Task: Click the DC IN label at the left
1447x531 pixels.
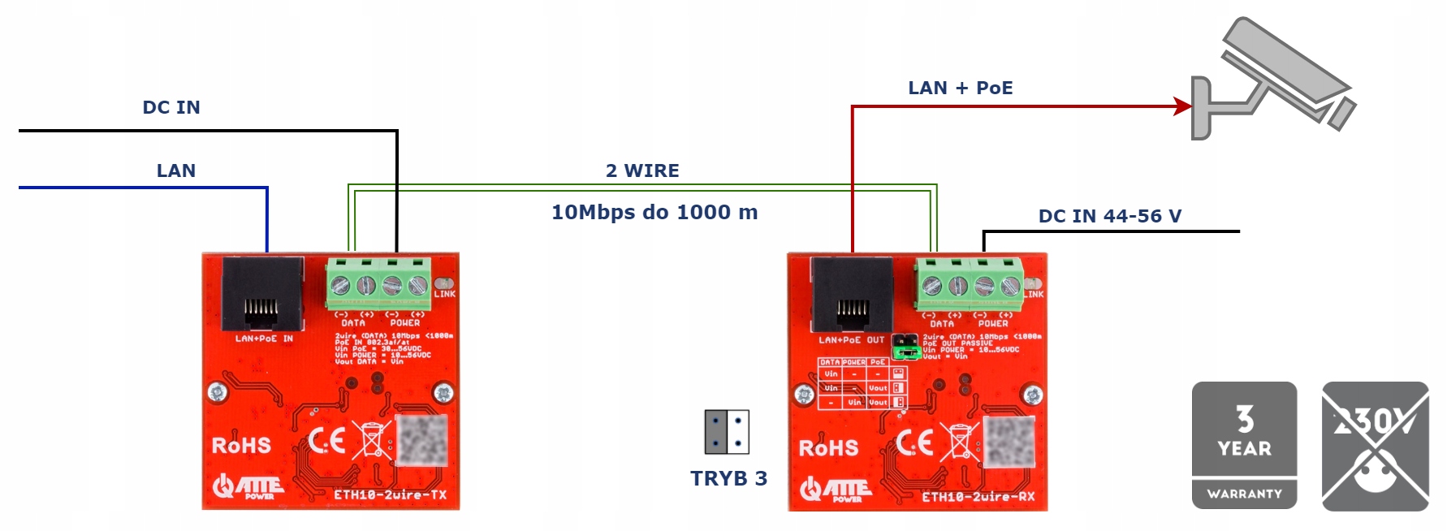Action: [171, 107]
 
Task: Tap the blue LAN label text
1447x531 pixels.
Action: [176, 171]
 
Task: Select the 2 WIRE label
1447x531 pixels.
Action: [642, 171]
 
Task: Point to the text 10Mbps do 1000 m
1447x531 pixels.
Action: [654, 213]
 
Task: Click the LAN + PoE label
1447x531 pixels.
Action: [960, 88]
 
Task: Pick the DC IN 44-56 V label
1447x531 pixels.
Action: [1109, 216]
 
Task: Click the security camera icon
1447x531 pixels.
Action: [1272, 81]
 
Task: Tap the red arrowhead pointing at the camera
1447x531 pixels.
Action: [1182, 106]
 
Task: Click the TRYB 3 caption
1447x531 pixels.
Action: [728, 478]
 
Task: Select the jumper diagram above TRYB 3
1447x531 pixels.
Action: [727, 432]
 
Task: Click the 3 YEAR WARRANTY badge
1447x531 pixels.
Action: [1244, 446]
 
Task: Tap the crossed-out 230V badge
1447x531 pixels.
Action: [1375, 446]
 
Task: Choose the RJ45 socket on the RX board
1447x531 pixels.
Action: [852, 296]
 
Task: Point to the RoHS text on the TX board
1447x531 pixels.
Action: [241, 446]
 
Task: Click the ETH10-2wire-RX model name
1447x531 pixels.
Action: [978, 496]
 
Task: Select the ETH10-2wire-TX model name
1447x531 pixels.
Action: [390, 494]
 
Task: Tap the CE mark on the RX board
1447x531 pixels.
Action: [914, 443]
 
